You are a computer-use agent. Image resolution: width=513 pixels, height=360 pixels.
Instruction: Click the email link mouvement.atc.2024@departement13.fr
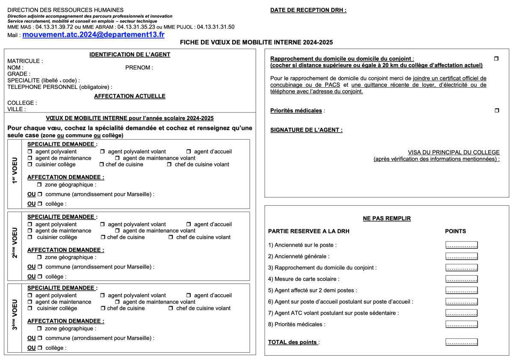[x=93, y=35]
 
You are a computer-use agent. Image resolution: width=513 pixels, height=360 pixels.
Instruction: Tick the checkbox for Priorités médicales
[x=496, y=111]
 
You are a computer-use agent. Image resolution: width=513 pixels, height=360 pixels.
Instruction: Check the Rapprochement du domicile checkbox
[x=496, y=59]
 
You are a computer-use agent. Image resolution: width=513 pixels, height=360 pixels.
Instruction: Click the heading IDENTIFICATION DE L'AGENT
[x=130, y=54]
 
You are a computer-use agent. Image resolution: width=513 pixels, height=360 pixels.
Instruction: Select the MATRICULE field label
[x=25, y=61]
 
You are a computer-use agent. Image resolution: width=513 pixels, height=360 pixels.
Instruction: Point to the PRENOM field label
[x=139, y=68]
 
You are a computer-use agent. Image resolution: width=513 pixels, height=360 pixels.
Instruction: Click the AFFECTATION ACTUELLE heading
[x=130, y=96]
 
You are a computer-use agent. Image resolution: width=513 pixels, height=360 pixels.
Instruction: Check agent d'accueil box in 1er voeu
[x=189, y=152]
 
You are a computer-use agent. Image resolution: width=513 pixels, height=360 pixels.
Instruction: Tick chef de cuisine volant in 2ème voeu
[x=171, y=237]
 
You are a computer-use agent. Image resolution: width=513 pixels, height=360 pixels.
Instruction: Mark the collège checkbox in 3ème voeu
[x=40, y=348]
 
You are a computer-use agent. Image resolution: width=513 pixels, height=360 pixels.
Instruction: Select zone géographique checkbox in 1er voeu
[x=39, y=185]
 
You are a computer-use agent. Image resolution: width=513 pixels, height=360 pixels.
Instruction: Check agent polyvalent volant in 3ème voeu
[x=102, y=295]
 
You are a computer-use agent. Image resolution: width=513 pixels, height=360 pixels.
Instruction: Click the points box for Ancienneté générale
[x=461, y=257]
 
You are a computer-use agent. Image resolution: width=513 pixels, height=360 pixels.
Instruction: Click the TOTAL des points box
[x=461, y=342]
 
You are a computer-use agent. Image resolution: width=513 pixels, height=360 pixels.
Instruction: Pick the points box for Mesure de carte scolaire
[x=461, y=279]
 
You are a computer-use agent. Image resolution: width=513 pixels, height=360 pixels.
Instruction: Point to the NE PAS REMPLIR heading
[x=386, y=218]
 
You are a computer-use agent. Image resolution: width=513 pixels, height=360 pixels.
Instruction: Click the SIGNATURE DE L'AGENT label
[x=306, y=130]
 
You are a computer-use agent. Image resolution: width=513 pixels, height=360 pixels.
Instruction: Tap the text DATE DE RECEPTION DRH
[x=308, y=10]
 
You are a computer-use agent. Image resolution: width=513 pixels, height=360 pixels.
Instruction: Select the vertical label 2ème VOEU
[x=15, y=242]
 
